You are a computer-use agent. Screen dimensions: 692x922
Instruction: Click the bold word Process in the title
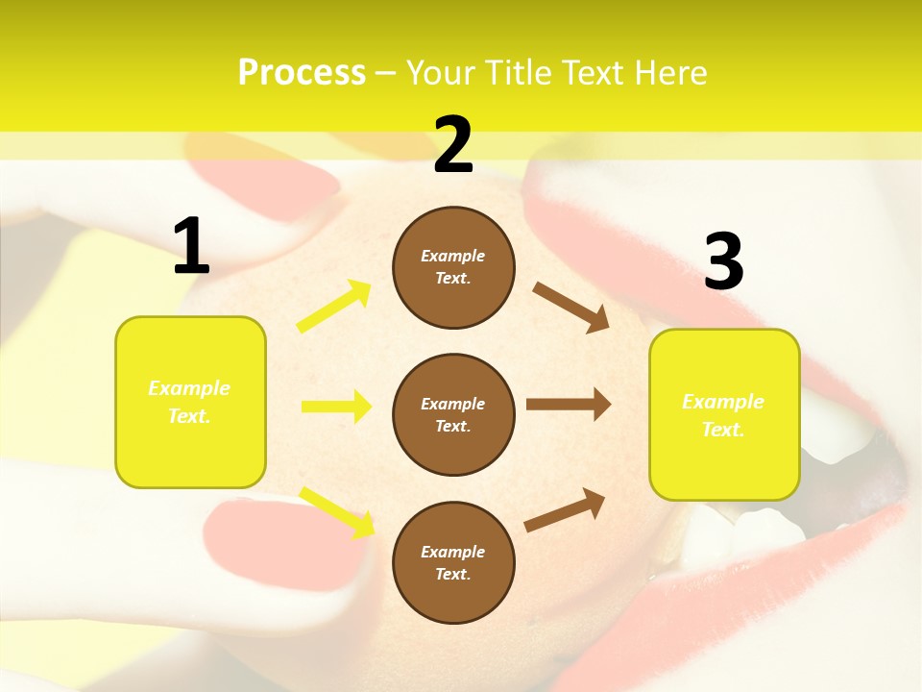pyautogui.click(x=302, y=73)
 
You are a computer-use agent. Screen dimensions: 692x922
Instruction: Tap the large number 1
pyautogui.click(x=191, y=247)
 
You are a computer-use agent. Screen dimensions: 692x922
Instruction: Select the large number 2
pyautogui.click(x=453, y=145)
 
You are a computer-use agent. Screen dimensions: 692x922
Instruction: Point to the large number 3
pyautogui.click(x=723, y=262)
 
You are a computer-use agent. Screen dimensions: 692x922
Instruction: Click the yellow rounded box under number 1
pyautogui.click(x=190, y=402)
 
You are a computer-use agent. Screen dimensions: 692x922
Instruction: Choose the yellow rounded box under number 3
pyautogui.click(x=724, y=414)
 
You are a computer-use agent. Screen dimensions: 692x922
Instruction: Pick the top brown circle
pyautogui.click(x=453, y=267)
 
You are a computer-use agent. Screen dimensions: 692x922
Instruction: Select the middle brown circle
pyautogui.click(x=453, y=414)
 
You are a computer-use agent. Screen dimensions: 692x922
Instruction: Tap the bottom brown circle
pyautogui.click(x=453, y=562)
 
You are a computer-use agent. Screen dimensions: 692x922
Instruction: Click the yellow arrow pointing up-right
pyautogui.click(x=334, y=307)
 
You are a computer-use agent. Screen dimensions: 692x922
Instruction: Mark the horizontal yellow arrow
pyautogui.click(x=336, y=407)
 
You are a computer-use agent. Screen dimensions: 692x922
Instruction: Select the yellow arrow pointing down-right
pyautogui.click(x=336, y=511)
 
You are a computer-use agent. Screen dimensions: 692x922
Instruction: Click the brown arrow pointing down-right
pyautogui.click(x=570, y=308)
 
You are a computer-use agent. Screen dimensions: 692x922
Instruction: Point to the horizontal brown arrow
pyautogui.click(x=569, y=405)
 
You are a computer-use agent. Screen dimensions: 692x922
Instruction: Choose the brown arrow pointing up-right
pyautogui.click(x=566, y=510)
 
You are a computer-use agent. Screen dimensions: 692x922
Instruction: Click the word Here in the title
pyautogui.click(x=672, y=73)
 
